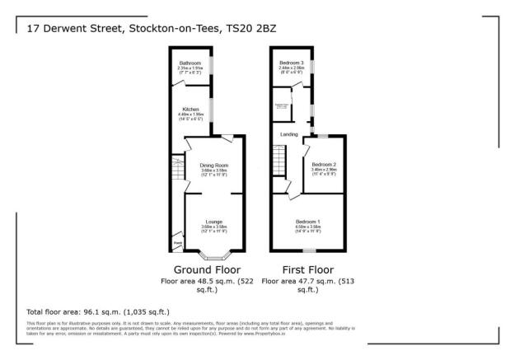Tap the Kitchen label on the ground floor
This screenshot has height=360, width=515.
coord(190,109)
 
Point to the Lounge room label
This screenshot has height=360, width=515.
coord(213,222)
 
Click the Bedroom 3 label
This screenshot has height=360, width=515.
coord(291,63)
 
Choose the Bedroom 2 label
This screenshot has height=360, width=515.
coord(323,165)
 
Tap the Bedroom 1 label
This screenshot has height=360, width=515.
coord(307,222)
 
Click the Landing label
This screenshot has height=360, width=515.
coord(288,134)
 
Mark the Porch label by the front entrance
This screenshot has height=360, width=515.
coord(178,243)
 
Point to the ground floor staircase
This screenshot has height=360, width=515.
coord(176,171)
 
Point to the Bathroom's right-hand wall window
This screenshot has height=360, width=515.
coord(213,64)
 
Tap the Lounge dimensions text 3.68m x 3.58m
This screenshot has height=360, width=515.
coord(213,227)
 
